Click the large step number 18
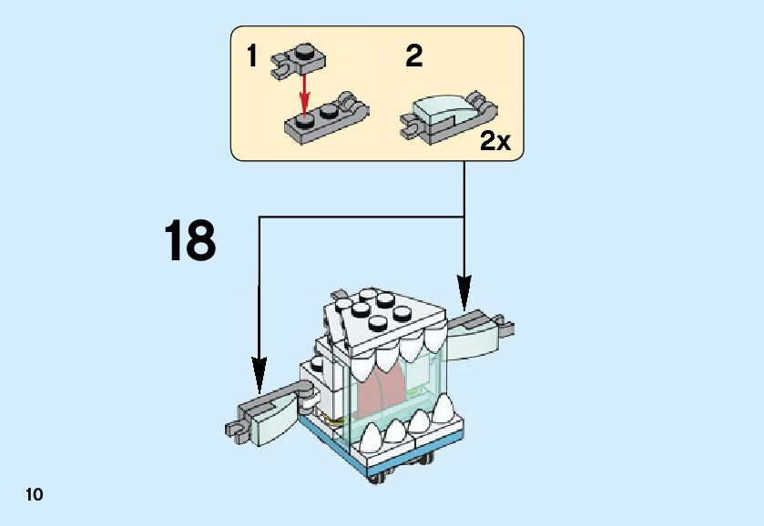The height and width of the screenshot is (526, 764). coord(189,241)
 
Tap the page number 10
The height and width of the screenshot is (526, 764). coord(34,495)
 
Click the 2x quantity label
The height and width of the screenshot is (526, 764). coord(496,141)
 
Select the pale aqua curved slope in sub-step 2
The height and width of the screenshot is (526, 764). coord(439,113)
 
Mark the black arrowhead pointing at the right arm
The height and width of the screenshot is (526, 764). coord(464,296)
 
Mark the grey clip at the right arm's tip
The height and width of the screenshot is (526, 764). coord(504,323)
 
